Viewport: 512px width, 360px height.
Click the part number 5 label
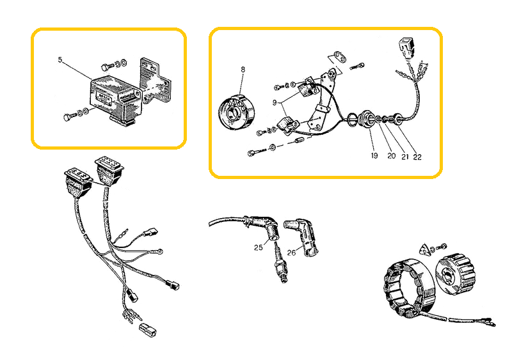(x=60, y=59)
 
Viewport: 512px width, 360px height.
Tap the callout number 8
(x=243, y=70)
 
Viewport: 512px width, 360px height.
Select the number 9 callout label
(x=275, y=102)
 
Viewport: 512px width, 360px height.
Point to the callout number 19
(x=374, y=155)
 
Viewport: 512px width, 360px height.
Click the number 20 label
(x=392, y=156)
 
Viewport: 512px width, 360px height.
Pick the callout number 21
(x=405, y=157)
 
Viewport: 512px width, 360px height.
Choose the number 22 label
(x=417, y=157)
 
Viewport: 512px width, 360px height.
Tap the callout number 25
(x=259, y=247)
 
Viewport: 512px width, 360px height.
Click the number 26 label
(x=291, y=253)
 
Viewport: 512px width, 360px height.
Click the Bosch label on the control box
(x=104, y=98)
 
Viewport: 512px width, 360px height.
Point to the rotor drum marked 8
(x=237, y=112)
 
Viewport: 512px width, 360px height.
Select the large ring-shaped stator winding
(x=408, y=288)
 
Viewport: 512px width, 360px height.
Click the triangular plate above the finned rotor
(x=424, y=249)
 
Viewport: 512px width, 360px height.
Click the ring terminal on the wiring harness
(x=159, y=251)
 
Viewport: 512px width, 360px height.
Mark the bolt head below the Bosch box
(x=67, y=117)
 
